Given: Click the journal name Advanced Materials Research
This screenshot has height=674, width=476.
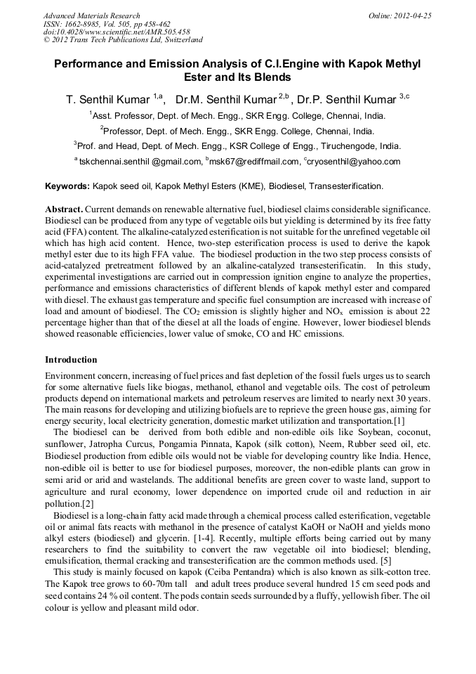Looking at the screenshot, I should click(91, 15).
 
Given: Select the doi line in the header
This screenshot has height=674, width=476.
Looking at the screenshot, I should click(116, 32).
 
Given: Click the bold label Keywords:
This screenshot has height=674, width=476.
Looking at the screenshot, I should click(67, 186).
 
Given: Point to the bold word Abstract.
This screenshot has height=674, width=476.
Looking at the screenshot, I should click(64, 210).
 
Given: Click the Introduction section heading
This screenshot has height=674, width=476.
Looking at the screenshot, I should click(71, 359).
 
